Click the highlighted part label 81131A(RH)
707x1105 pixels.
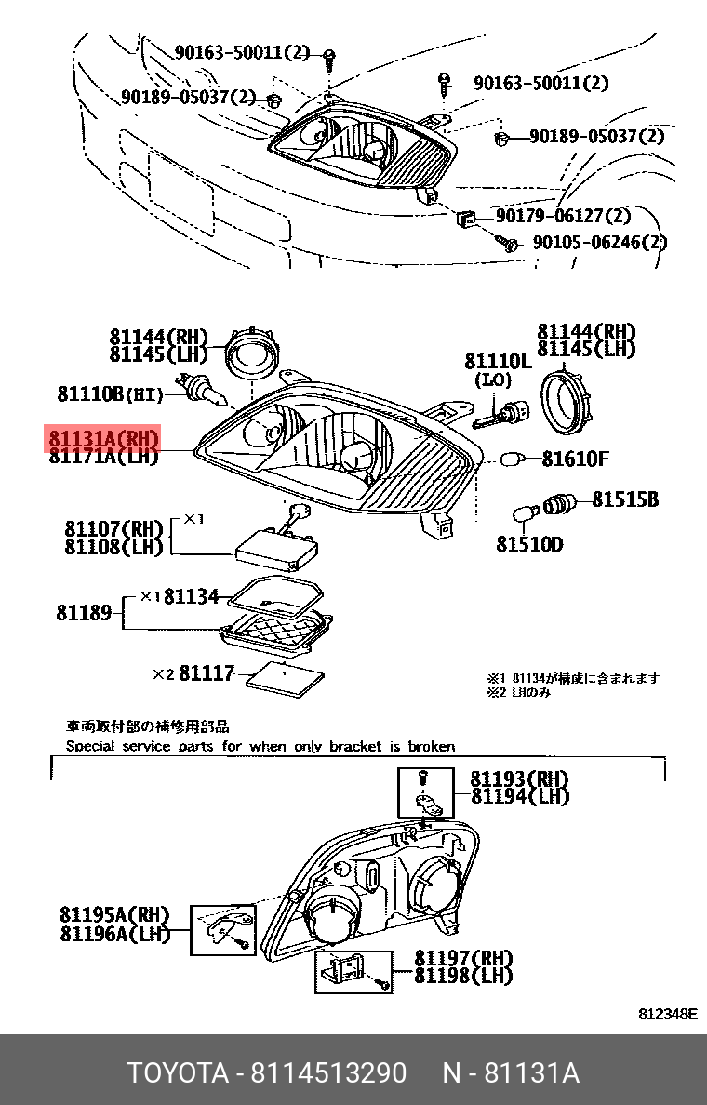coord(104,439)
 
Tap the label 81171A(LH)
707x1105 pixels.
coord(104,456)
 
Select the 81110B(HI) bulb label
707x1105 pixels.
coord(110,394)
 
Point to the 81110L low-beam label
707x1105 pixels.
coord(498,361)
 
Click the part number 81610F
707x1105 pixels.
coord(576,459)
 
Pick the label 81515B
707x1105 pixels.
coord(625,500)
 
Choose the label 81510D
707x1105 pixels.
coord(528,544)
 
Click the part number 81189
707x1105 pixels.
coord(85,612)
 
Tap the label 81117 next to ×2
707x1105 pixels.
coord(207,672)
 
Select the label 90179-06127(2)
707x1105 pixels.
coord(563,217)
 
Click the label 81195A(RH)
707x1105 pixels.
coord(115,914)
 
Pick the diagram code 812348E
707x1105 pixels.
coord(667,1014)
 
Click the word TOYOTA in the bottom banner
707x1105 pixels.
coord(178,1073)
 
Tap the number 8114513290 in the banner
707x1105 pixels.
coord(327,1073)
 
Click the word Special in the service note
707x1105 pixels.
coord(92,746)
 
